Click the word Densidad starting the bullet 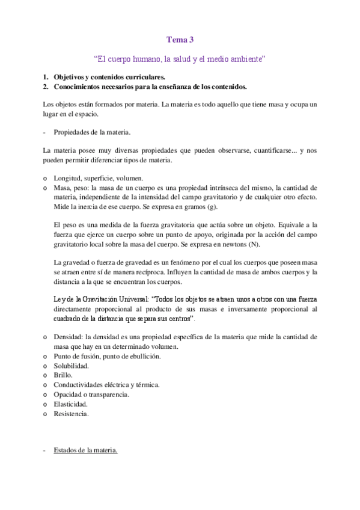(x=68, y=337)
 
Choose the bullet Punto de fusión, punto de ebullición (x=107, y=357)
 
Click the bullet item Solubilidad (x=71, y=366)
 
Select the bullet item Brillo (x=63, y=375)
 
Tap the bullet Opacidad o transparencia (x=91, y=395)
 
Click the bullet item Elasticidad (x=70, y=404)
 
